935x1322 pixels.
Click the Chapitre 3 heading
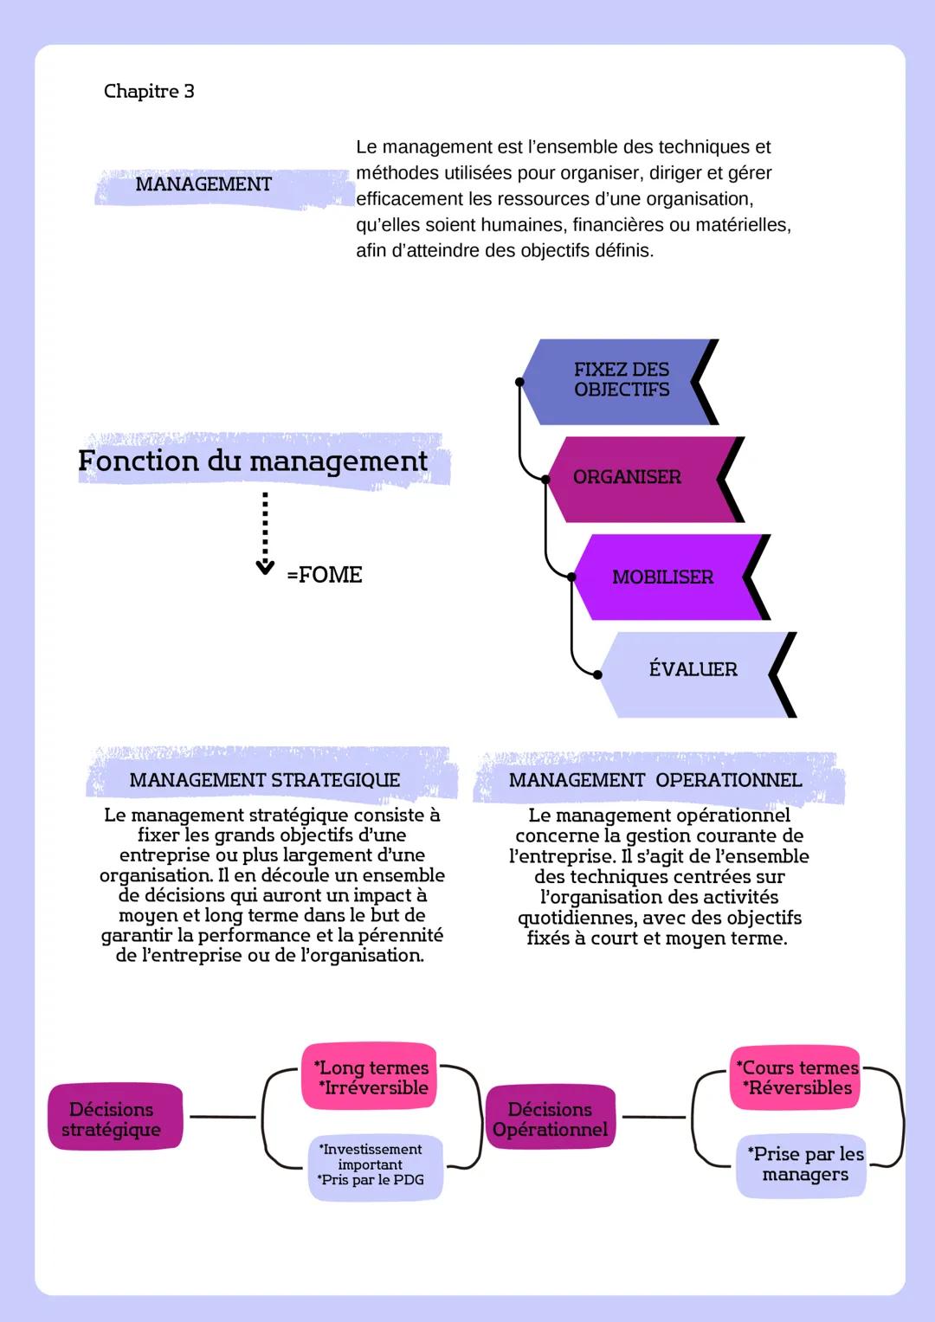[149, 91]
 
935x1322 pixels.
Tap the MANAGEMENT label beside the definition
[203, 184]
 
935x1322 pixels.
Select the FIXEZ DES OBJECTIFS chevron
[620, 381]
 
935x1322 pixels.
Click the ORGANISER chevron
[637, 478]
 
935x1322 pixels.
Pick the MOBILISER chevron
[663, 577]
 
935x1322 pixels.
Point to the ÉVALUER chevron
[692, 670]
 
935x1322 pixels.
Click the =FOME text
[325, 575]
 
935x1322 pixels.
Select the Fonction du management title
[253, 461]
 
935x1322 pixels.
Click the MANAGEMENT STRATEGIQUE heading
[265, 780]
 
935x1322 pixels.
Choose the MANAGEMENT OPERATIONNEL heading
[655, 780]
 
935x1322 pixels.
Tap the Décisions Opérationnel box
[551, 1119]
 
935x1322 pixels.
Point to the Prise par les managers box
[805, 1164]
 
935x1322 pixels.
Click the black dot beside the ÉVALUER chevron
[597, 674]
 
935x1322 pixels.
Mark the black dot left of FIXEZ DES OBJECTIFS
[519, 381]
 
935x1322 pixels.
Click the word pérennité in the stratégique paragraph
[400, 935]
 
